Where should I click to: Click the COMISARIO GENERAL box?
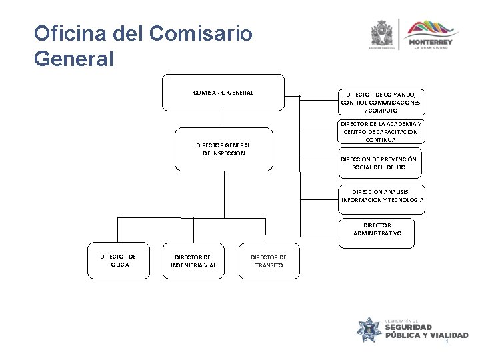tap(223, 92)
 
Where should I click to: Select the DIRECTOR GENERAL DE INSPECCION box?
tap(224, 149)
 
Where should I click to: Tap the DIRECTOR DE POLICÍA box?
tap(118, 260)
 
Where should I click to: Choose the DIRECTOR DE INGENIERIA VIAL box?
tap(193, 261)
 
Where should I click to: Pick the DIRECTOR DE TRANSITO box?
tap(269, 261)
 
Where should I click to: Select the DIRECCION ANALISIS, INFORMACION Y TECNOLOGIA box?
tap(382, 196)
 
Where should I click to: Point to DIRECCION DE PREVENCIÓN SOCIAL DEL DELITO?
tap(378, 164)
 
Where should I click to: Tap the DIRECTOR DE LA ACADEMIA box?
tap(381, 132)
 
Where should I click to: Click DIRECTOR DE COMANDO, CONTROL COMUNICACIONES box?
tap(381, 102)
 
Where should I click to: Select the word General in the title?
tap(74, 59)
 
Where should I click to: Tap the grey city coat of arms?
tap(381, 33)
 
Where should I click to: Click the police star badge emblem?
tap(368, 330)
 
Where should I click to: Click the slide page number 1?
tap(448, 341)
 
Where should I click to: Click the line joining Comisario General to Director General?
tap(223, 119)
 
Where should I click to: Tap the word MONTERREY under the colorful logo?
tap(433, 43)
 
